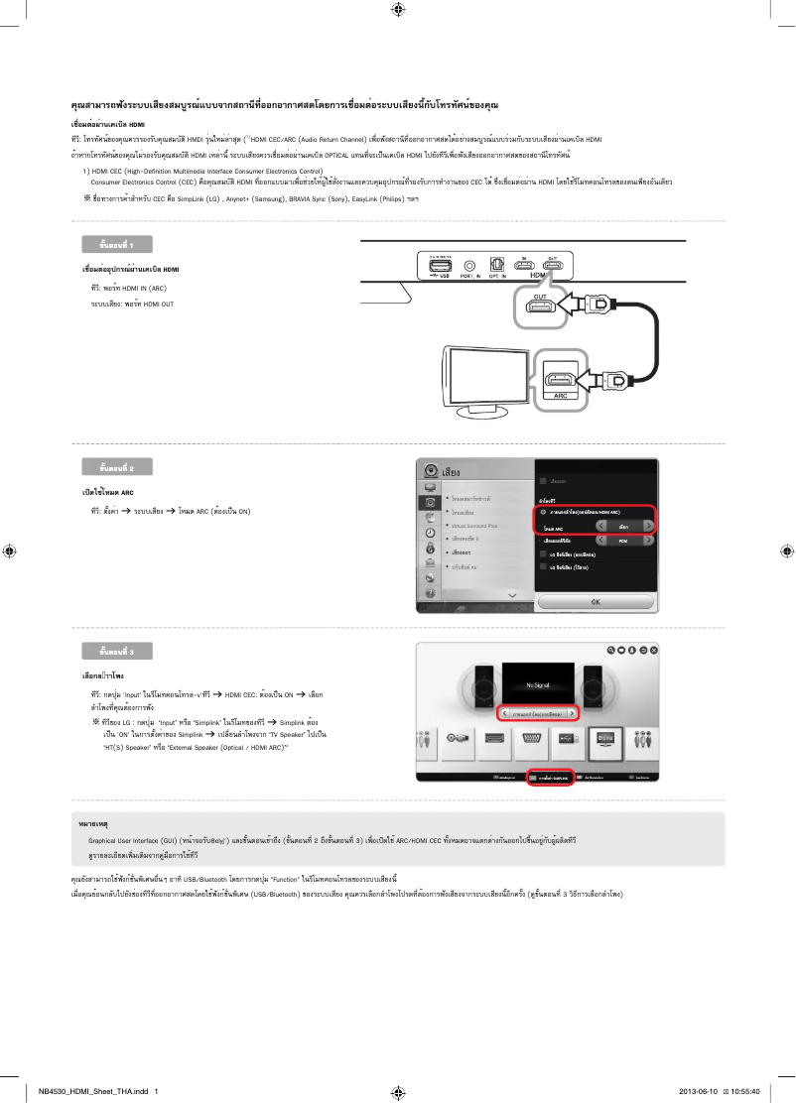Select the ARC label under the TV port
coord(561,394)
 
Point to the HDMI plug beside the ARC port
coord(607,379)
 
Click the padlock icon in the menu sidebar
coord(430,547)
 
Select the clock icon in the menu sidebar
coord(430,532)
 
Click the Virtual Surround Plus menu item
coord(474,525)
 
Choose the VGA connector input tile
coord(530,739)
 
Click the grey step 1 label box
coord(117,244)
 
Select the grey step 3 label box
coord(117,651)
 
